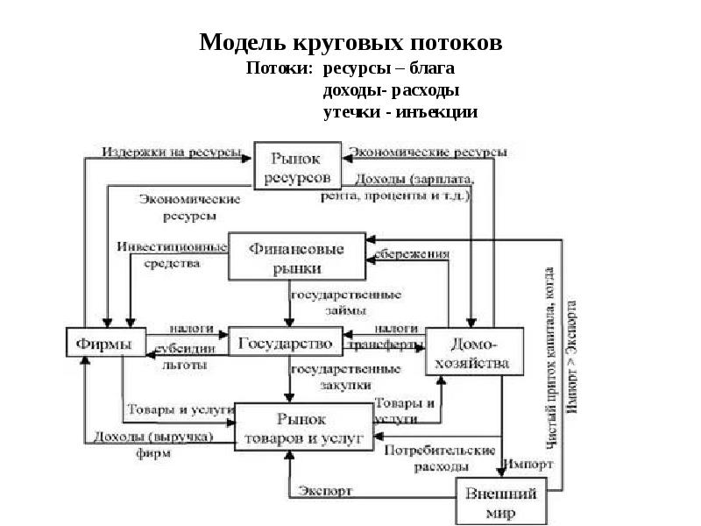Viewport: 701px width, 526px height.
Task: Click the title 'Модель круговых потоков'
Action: coord(350,42)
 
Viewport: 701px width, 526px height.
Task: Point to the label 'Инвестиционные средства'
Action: coord(172,254)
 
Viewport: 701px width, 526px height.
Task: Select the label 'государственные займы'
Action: coord(345,302)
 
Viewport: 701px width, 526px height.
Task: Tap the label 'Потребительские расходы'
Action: coord(428,458)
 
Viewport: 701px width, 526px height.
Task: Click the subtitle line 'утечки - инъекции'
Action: coord(400,112)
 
